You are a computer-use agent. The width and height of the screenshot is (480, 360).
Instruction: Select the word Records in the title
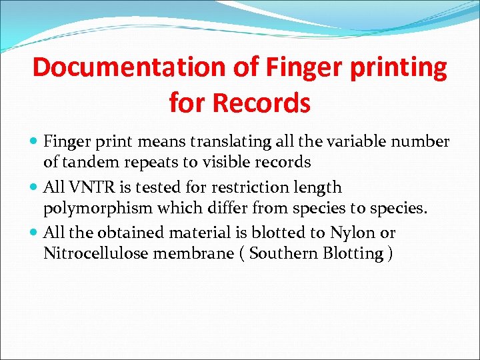click(x=275, y=103)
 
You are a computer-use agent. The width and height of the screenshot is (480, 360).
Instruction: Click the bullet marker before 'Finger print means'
click(x=35, y=142)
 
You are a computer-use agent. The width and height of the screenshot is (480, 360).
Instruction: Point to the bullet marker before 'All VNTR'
click(x=35, y=188)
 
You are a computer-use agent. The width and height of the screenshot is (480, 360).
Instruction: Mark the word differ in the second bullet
click(x=218, y=207)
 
